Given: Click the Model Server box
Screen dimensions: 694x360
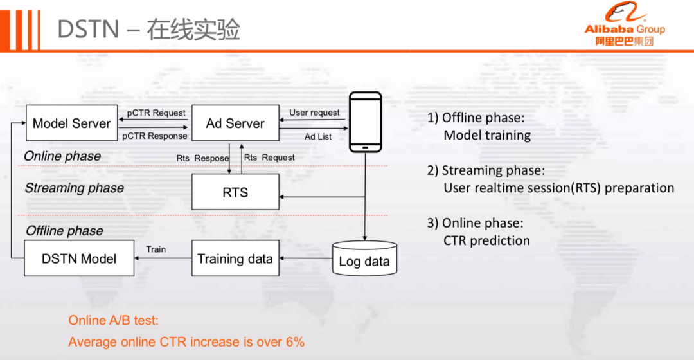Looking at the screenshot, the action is (71, 123).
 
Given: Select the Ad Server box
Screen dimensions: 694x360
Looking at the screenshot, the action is (235, 123).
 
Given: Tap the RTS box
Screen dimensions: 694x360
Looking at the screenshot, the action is (235, 192).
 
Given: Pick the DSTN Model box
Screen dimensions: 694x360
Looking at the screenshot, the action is (78, 258).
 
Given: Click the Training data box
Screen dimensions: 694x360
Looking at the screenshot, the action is (235, 258).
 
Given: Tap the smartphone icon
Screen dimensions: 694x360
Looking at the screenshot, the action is (365, 122).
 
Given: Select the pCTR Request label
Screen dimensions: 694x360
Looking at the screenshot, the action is (156, 113).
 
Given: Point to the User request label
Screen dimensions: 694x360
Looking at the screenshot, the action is (314, 113).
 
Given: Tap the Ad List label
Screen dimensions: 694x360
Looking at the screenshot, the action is (319, 136).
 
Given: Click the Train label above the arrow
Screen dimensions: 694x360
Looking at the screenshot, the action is (156, 249).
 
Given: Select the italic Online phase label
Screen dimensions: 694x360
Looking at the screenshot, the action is (62, 156).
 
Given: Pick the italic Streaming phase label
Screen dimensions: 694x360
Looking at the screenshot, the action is (75, 188).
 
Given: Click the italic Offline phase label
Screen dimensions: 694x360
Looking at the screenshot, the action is (64, 230).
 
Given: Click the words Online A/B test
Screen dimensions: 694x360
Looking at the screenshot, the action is (113, 320).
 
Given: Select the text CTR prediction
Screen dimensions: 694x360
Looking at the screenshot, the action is (486, 240).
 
